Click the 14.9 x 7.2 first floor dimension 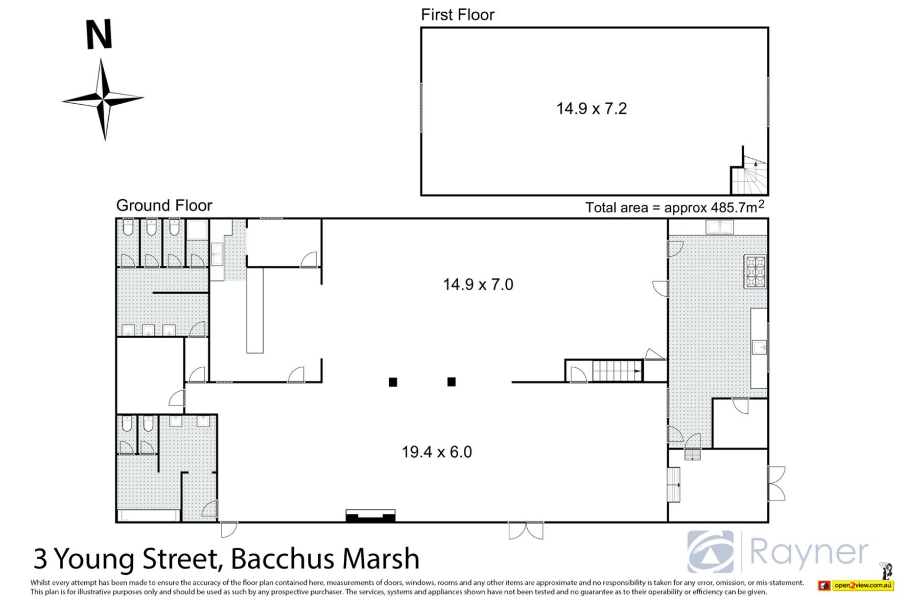(591, 108)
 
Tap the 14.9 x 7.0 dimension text (478, 284)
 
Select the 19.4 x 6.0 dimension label (437, 452)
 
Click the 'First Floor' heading (457, 15)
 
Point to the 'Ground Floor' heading (164, 205)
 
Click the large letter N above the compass (98, 35)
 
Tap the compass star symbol (103, 99)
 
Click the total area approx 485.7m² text (675, 206)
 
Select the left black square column (392, 382)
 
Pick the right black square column (451, 382)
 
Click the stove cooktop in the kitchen (756, 272)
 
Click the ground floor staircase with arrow (617, 371)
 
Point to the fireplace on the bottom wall (370, 516)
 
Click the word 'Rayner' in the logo (809, 553)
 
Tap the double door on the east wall (776, 483)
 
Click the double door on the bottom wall (526, 530)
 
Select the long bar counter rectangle (255, 311)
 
